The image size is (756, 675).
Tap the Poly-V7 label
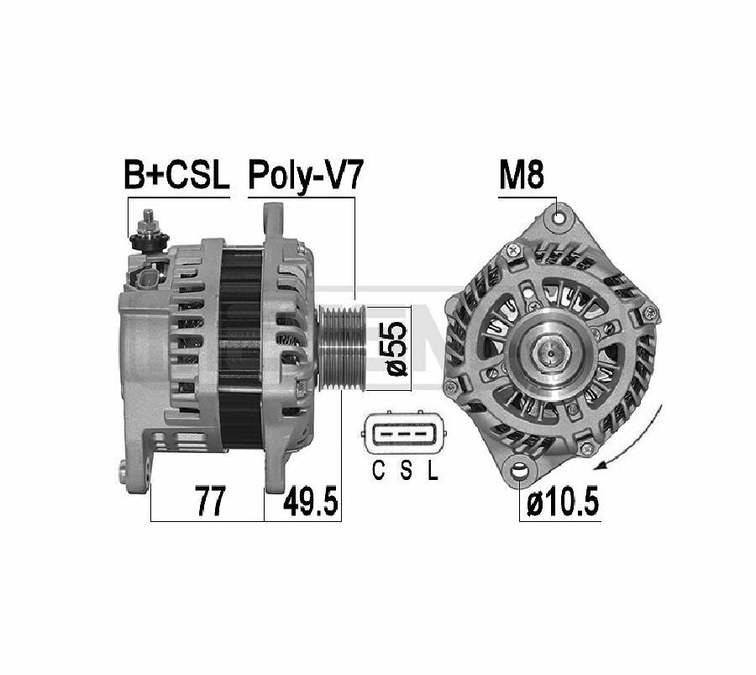click(305, 177)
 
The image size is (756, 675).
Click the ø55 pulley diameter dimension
click(396, 348)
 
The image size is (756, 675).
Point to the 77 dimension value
click(210, 502)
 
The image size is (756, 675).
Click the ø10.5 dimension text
click(563, 502)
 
